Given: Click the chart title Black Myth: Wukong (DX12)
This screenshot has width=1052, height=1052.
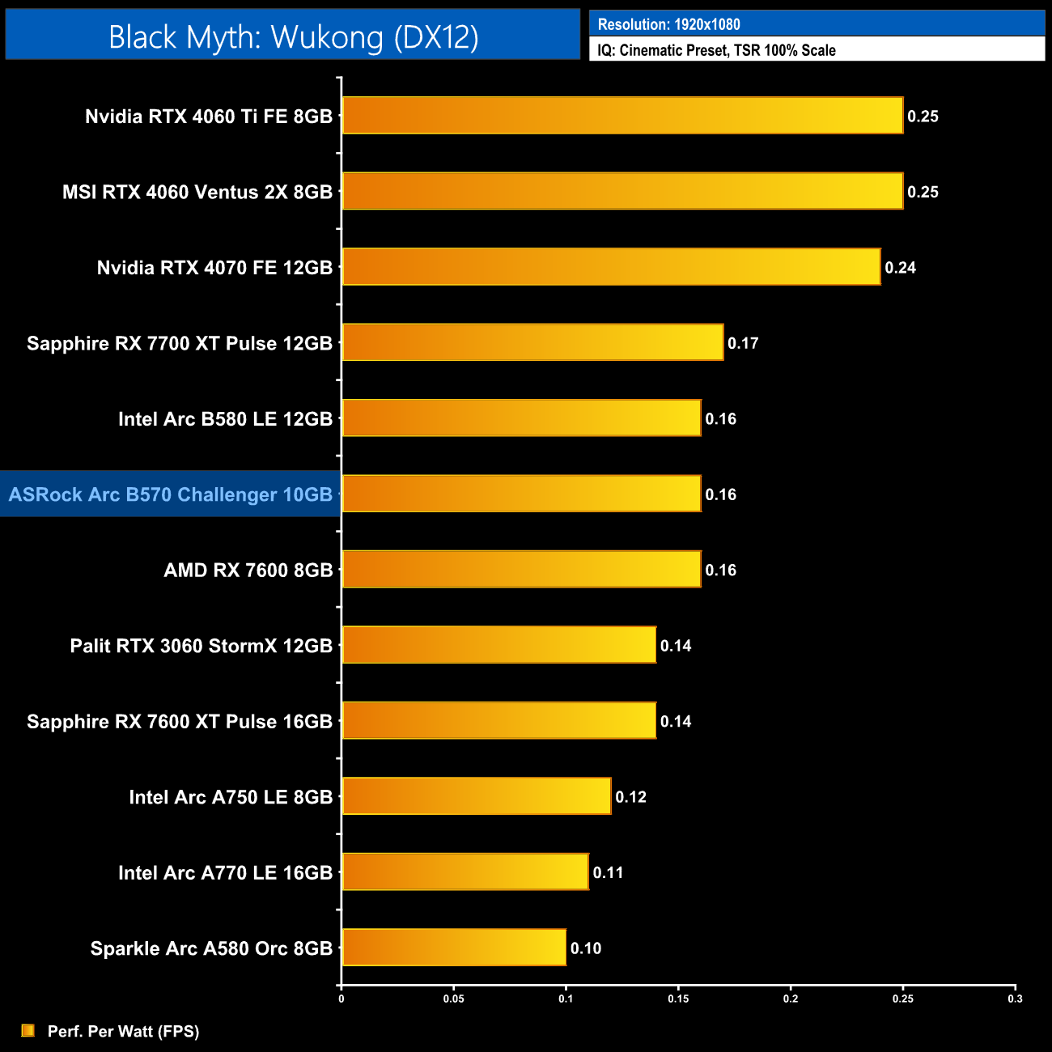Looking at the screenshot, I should [x=293, y=37].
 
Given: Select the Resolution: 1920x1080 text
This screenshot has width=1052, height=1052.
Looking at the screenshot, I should [x=668, y=24].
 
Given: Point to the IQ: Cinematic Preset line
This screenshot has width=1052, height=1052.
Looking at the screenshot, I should [x=716, y=50].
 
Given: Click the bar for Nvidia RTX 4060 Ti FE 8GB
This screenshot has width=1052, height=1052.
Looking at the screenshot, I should [x=621, y=116].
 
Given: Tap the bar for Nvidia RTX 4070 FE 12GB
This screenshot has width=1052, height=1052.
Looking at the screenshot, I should [x=611, y=267].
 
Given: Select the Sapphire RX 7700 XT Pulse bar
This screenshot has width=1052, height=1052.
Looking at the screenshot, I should [x=532, y=342].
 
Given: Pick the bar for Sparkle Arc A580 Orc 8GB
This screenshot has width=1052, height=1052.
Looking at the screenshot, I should [x=454, y=948].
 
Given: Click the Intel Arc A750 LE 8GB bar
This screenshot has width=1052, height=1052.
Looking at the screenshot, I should [x=477, y=796].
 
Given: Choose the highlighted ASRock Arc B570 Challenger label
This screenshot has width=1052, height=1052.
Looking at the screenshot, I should [x=171, y=494].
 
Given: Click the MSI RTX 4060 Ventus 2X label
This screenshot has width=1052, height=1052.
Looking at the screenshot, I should [x=197, y=192].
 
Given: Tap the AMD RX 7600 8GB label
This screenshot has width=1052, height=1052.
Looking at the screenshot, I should [x=248, y=570].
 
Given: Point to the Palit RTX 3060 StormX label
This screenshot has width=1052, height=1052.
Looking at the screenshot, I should [x=201, y=646].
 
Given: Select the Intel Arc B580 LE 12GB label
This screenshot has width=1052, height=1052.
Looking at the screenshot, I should [x=226, y=419].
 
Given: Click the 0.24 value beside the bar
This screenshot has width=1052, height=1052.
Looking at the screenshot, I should [x=900, y=268].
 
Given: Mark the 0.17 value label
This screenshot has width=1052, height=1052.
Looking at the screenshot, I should [x=743, y=343].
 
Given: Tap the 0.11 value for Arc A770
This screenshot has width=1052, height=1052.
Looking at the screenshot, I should [x=608, y=872].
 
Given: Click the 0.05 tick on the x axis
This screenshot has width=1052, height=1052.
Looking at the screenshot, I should [x=453, y=999].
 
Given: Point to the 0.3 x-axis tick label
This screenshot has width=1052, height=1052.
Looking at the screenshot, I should [x=1015, y=999].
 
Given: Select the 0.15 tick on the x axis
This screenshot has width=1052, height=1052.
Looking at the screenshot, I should [x=678, y=999].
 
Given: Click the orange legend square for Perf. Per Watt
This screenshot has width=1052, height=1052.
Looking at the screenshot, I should [x=28, y=1030].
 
